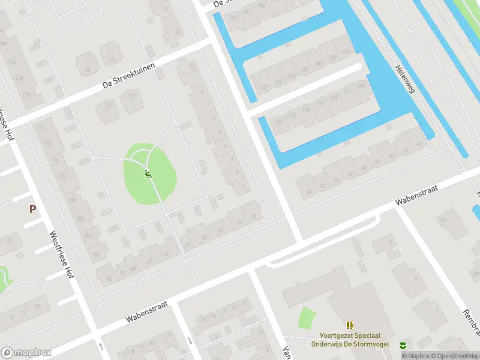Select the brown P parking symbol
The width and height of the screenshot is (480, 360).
tap(32, 209)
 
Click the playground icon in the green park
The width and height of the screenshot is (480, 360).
tap(148, 175)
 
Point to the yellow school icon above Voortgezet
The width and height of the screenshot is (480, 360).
tap(350, 325)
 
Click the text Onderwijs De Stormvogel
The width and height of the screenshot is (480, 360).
tap(350, 344)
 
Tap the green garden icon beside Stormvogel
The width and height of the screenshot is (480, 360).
tap(403, 344)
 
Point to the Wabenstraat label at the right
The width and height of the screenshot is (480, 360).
tap(416, 196)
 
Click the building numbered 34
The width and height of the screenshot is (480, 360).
tap(308, 191)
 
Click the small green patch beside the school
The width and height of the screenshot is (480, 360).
tap(306, 318)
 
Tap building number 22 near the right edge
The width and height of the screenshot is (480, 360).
tap(444, 220)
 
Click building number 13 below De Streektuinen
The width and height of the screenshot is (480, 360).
tap(109, 105)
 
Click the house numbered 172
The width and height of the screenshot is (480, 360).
tap(40, 128)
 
